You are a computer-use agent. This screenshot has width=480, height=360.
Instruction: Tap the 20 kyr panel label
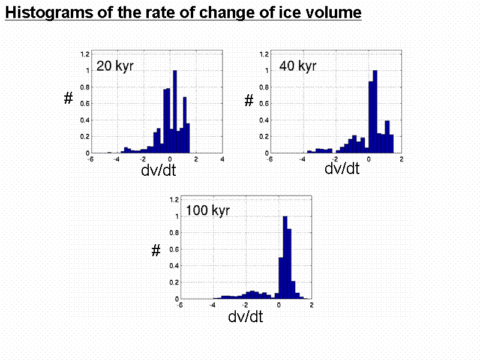click(x=115, y=66)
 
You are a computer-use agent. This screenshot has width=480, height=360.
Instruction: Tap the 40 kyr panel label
click(x=298, y=66)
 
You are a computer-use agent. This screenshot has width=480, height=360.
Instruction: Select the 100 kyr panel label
click(x=208, y=211)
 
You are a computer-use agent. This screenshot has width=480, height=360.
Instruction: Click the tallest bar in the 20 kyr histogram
click(x=175, y=112)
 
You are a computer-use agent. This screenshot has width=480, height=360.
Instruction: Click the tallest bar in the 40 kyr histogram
click(x=375, y=112)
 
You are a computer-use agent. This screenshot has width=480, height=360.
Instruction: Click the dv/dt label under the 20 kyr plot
click(x=158, y=171)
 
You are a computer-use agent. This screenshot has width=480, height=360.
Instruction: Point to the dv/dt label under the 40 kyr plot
click(x=342, y=169)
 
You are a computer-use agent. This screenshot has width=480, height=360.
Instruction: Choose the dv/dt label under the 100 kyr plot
click(x=245, y=316)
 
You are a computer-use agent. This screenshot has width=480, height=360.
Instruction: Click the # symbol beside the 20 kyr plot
click(x=68, y=100)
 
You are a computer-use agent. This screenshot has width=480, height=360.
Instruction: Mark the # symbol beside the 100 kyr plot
click(x=156, y=251)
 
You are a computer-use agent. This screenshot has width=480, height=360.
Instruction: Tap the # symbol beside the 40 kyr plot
click(x=249, y=101)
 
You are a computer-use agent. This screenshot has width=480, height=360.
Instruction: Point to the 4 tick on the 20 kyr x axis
click(x=222, y=159)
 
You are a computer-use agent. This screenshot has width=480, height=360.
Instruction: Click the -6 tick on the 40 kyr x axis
click(x=269, y=159)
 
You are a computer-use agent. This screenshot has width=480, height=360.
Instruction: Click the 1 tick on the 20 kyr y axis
click(x=87, y=70)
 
